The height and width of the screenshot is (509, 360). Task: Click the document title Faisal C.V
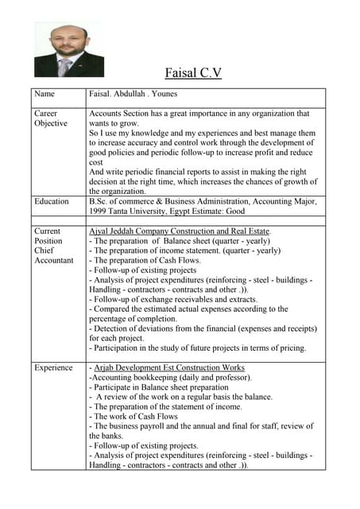click(192, 73)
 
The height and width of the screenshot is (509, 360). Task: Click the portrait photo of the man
click(69, 49)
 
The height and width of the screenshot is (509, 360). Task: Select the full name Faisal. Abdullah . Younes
click(134, 94)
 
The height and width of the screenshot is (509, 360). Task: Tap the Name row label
click(45, 94)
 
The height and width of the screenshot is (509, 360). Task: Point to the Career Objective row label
click(50, 119)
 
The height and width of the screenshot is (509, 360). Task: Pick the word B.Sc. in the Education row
click(101, 201)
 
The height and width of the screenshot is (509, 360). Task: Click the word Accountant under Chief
click(53, 260)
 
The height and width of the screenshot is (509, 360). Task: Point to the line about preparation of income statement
click(184, 251)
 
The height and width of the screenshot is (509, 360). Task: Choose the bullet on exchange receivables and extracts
click(173, 299)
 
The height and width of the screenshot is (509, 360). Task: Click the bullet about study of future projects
click(197, 348)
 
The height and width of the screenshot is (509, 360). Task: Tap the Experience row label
click(55, 367)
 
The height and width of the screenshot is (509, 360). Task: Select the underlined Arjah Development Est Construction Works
click(169, 367)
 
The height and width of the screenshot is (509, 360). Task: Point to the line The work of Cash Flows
click(134, 416)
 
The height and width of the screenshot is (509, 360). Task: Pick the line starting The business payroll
click(201, 426)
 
